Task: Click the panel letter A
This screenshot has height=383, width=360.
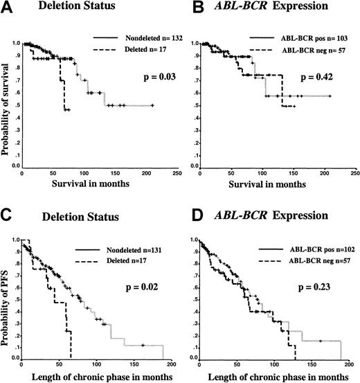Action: tap(8, 10)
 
